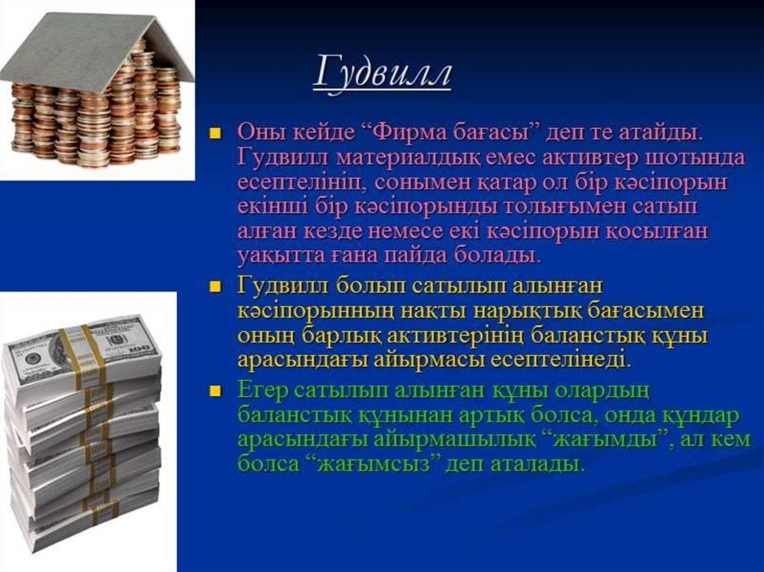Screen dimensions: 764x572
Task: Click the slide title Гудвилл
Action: pos(382,74)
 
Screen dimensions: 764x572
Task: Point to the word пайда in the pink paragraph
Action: pos(416,255)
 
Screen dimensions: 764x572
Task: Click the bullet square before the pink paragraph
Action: pos(215,133)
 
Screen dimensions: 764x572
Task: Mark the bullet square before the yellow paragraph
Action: pos(215,286)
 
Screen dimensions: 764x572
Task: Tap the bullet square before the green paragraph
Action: pos(215,391)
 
